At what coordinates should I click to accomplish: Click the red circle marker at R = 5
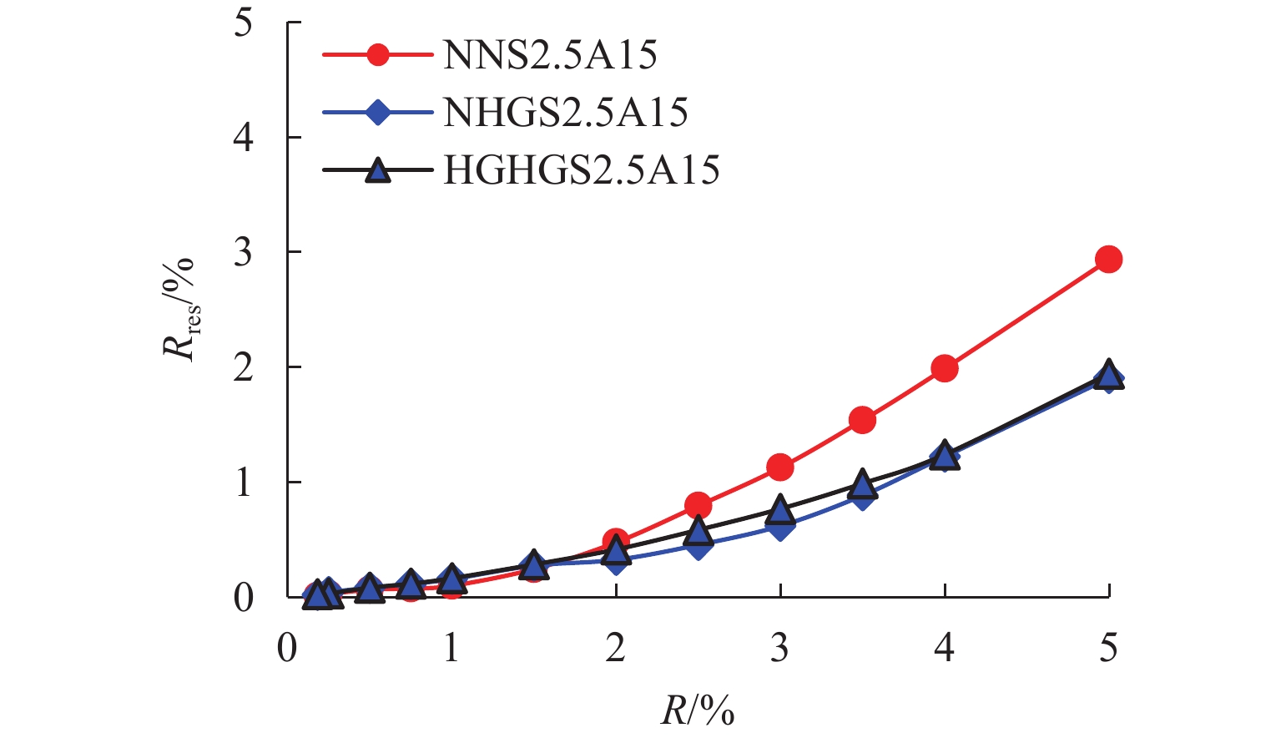tap(1108, 260)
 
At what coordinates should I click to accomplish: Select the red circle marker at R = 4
tap(944, 368)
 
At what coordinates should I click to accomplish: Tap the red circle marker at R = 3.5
tap(862, 420)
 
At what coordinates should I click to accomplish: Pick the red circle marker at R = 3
tap(779, 468)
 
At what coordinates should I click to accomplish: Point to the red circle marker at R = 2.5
tap(698, 505)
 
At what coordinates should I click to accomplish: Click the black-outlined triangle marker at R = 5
tap(1108, 374)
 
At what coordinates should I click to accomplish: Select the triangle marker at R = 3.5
tap(862, 484)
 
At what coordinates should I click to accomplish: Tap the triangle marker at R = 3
tap(779, 508)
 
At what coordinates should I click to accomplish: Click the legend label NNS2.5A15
tap(550, 56)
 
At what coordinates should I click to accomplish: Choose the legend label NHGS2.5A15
tap(565, 113)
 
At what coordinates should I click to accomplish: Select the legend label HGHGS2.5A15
tap(581, 170)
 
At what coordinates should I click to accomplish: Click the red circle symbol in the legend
tap(378, 56)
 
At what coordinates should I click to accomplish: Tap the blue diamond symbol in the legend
tap(378, 113)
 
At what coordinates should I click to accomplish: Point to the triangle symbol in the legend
tap(378, 171)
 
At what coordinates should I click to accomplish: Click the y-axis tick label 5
tap(243, 23)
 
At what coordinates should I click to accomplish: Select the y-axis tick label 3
tap(243, 252)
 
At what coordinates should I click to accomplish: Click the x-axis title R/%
tap(698, 710)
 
